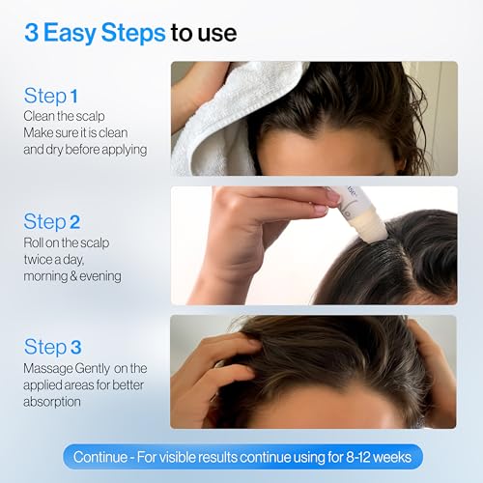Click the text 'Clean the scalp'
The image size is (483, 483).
64,116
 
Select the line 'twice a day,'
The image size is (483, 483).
54,259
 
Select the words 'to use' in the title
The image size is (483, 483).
204,34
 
